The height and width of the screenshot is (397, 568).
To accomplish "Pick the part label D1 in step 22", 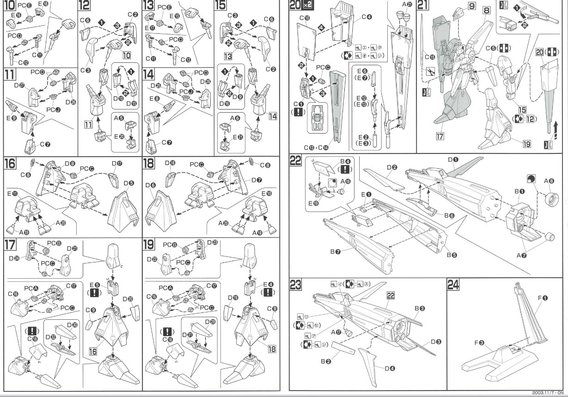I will coord(453,160).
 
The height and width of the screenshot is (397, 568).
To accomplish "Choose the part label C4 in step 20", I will coord(366,18).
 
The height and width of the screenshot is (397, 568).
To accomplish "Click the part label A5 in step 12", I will coord(120,118).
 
